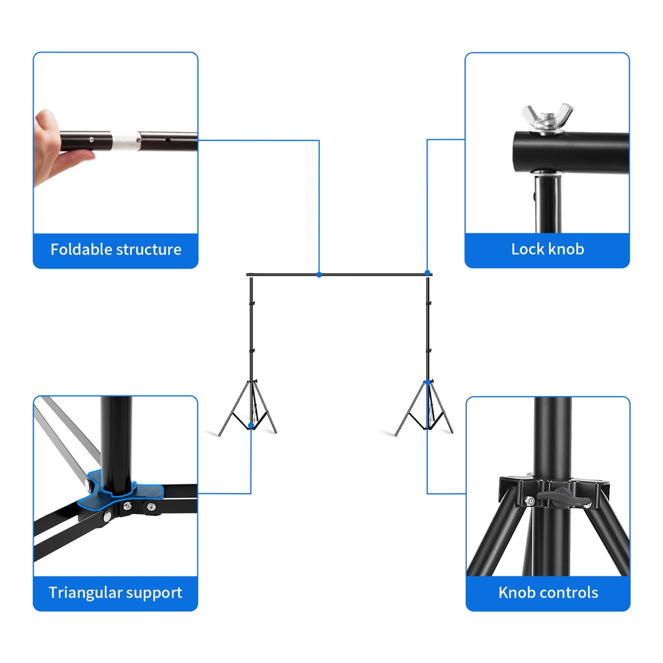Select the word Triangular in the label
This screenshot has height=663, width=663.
coord(85,593)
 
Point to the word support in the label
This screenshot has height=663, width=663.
coord(154,593)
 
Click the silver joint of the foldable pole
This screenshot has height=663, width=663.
coord(126,140)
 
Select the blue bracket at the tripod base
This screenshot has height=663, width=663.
coord(120,492)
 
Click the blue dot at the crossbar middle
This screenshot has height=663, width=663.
coord(319,275)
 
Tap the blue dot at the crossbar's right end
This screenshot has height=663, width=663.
coord(427,273)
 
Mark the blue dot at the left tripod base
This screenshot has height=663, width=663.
coord(251,425)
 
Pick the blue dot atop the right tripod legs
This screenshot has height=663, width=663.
coord(427,382)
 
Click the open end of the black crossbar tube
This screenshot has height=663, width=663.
coord(519,152)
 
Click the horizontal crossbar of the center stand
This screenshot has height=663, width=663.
coord(339,275)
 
